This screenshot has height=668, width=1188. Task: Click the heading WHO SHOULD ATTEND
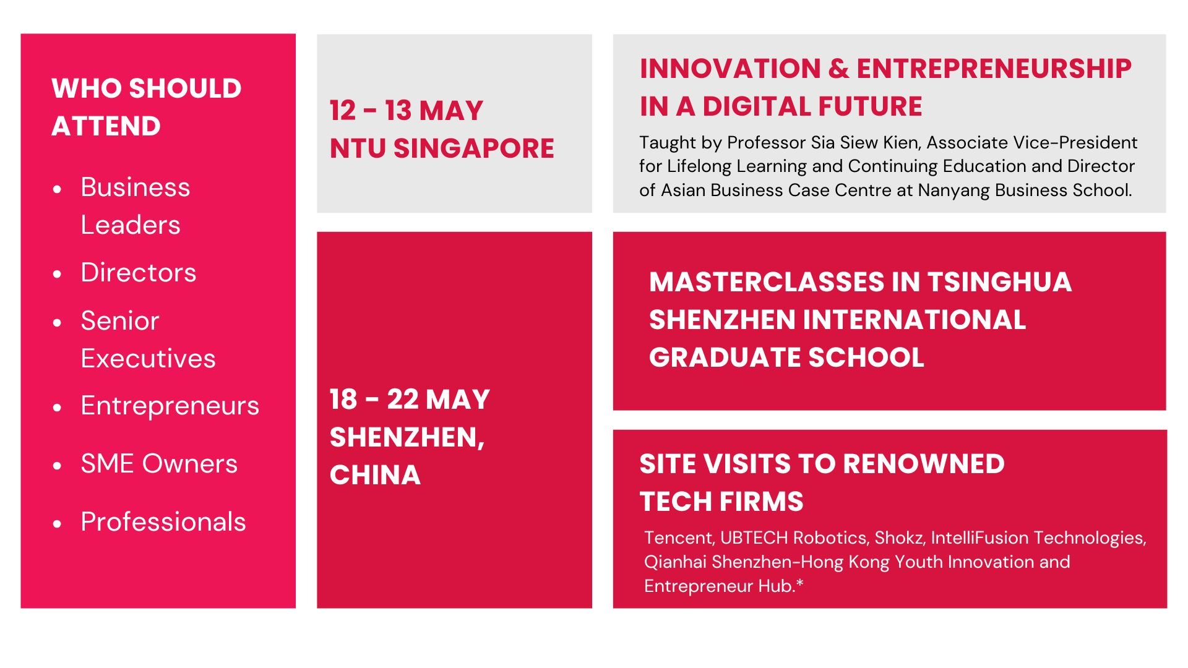tap(146, 107)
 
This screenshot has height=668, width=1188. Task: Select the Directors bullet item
tap(139, 273)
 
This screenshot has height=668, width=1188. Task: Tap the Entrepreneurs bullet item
tap(170, 406)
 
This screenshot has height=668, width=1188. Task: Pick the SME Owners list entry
tap(159, 464)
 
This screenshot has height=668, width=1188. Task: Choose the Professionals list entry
tap(163, 522)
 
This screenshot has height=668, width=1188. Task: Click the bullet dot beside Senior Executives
tap(58, 322)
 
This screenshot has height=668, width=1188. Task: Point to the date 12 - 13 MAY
tap(406, 111)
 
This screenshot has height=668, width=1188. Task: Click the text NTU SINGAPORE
tap(442, 148)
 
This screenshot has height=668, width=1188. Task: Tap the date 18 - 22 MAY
tap(410, 400)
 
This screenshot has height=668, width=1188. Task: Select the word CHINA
tap(375, 475)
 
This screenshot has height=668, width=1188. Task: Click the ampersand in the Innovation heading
tap(838, 69)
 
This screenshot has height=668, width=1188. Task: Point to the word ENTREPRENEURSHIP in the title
tap(994, 69)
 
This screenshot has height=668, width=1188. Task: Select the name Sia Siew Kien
tap(866, 143)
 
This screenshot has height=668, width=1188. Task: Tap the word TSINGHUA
tap(999, 283)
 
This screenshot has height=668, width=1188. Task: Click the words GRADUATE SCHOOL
tap(786, 358)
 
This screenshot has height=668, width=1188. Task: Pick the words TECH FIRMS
tap(721, 502)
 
